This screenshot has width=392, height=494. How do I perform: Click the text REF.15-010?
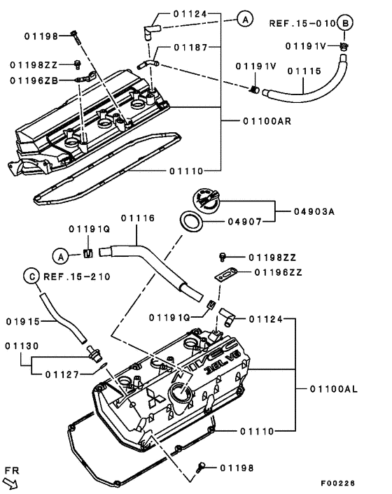300,23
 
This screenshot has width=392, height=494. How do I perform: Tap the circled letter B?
344,22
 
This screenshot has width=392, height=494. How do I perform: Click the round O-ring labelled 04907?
190,223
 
